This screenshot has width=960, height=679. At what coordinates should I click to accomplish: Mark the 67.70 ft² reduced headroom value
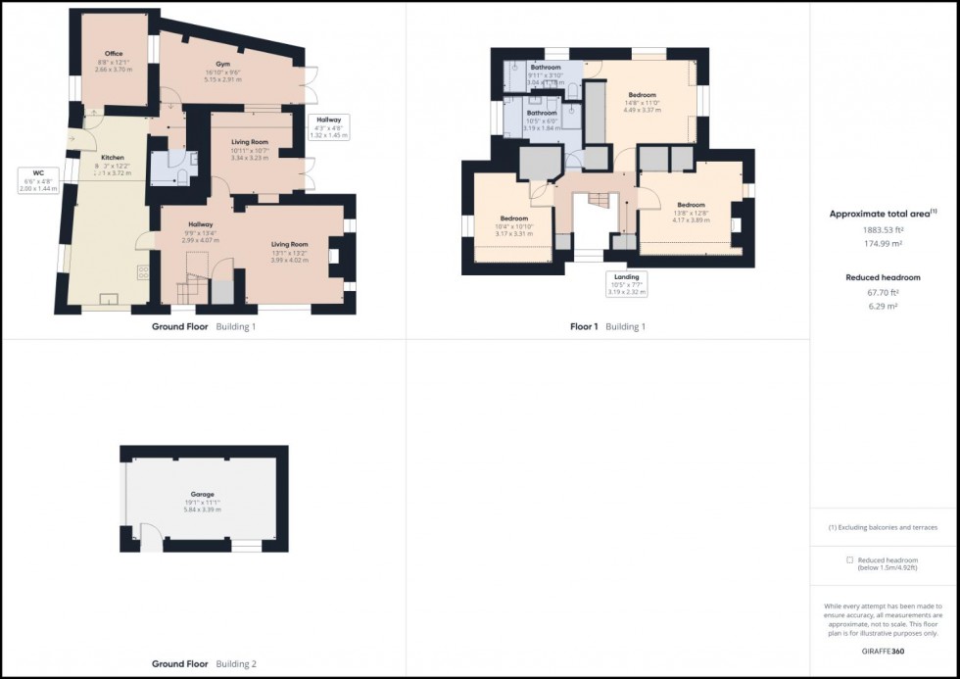pyautogui.click(x=884, y=292)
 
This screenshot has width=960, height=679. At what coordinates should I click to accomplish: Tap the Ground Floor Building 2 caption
pyautogui.click(x=204, y=663)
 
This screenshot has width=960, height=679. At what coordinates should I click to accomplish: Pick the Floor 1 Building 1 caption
pyautogui.click(x=607, y=326)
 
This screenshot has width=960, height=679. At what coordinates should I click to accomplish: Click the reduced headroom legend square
pyautogui.click(x=849, y=559)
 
